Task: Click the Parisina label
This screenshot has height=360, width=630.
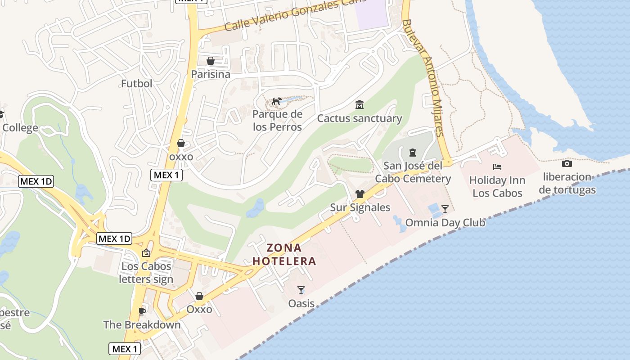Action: (211, 74)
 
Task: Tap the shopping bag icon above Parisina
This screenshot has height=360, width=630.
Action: (211, 61)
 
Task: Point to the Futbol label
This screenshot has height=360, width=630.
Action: (137, 83)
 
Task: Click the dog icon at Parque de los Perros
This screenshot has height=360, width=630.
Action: (277, 101)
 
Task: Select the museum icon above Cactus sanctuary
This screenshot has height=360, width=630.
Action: (360, 105)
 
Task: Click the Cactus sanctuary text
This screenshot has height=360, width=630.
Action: (360, 118)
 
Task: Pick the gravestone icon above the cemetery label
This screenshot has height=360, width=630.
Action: (413, 153)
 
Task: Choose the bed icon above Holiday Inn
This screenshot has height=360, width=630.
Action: (497, 167)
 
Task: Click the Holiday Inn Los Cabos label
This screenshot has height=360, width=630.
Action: (497, 187)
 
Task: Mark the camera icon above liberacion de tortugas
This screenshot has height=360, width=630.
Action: (567, 163)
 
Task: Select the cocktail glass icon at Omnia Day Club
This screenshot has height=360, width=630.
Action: (445, 209)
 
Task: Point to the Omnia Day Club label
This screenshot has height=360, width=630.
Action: (445, 222)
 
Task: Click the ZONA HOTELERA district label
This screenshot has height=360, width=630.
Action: (284, 254)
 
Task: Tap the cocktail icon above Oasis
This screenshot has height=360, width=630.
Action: (301, 290)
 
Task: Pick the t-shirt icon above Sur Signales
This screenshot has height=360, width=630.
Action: (360, 194)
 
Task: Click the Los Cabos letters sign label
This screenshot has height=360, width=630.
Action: (146, 273)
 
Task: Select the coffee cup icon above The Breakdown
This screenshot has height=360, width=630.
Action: (142, 311)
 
